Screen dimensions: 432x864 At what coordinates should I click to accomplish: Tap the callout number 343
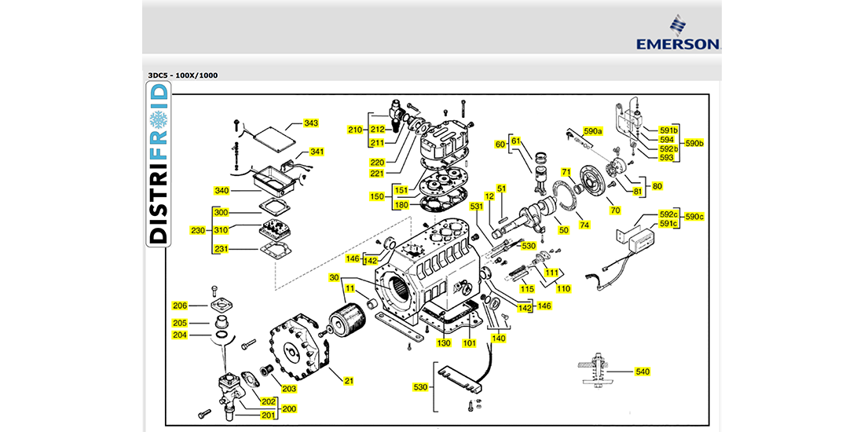point(311,123)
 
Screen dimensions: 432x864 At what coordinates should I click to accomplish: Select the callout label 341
point(317,152)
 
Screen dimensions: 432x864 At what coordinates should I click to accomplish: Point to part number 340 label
point(221,191)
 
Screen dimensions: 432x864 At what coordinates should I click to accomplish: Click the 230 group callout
point(196,231)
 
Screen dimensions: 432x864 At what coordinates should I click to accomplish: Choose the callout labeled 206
point(181,306)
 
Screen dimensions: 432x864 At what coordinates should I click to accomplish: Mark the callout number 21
point(349,381)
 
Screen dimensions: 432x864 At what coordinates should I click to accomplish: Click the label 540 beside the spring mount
point(643,371)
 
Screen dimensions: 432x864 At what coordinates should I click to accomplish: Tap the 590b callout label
point(694,144)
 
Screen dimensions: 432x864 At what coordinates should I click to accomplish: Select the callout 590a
point(592,130)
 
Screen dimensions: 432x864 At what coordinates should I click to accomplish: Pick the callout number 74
point(584,225)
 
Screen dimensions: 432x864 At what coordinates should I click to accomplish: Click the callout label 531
point(475,207)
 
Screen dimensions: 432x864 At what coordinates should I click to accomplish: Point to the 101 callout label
point(469,342)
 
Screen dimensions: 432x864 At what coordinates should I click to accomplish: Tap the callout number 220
point(378,162)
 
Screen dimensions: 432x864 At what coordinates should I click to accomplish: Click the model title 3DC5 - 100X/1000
point(183,75)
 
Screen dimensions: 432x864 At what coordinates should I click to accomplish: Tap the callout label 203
point(289,389)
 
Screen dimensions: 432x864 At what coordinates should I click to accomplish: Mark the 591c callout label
point(668,224)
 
